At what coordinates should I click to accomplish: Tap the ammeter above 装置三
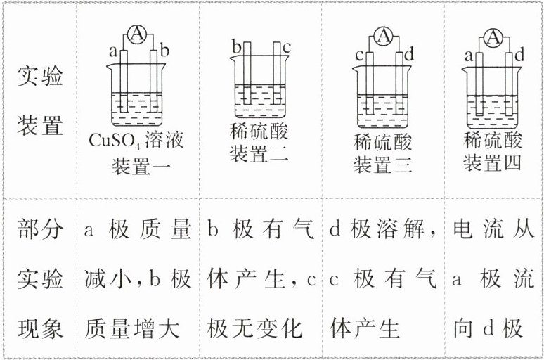click(x=384, y=36)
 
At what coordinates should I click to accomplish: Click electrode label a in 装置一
click(x=112, y=51)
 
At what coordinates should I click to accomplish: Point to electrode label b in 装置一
click(x=165, y=51)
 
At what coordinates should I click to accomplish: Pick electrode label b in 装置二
click(x=237, y=48)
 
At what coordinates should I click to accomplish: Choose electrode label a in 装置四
click(x=469, y=55)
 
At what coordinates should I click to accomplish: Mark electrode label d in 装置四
click(x=520, y=55)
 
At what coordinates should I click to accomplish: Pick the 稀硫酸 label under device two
click(x=259, y=131)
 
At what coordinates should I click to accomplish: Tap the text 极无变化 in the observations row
click(x=255, y=328)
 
